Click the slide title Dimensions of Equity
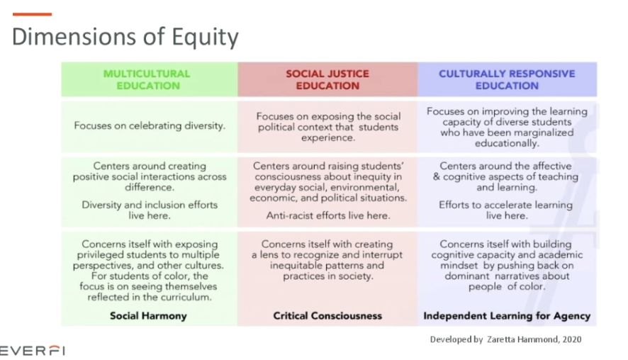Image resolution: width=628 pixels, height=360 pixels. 125,37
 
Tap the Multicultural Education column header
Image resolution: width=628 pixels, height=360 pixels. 147,79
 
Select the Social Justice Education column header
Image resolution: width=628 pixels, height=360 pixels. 327,79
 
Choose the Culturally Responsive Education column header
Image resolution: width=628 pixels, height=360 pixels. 507,79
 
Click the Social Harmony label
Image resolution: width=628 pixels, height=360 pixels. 148,316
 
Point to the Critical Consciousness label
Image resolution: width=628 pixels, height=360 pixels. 327,316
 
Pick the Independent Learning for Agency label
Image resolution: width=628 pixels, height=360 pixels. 507,316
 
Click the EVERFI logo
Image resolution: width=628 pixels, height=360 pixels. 32,350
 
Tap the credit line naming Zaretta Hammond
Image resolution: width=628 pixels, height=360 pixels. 505,339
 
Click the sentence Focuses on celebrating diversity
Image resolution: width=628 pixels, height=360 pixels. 150,126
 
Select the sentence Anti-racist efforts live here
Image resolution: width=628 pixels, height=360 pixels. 327,215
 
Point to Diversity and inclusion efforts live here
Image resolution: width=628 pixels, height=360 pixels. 150,210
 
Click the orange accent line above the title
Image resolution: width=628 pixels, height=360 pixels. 32,14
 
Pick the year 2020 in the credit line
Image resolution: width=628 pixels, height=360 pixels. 569,339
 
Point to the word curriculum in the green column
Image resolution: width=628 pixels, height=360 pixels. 189,298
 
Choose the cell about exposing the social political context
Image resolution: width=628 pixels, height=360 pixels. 327,127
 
